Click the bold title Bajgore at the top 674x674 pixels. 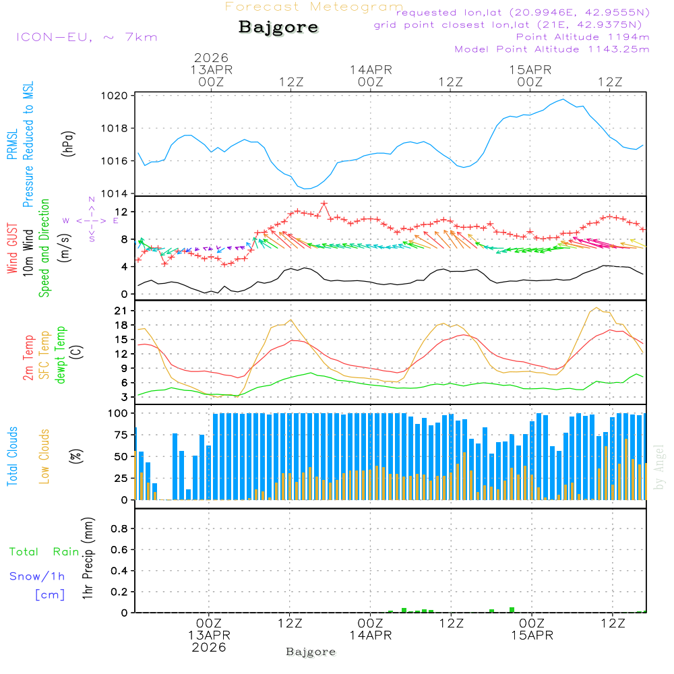pyautogui.click(x=278, y=28)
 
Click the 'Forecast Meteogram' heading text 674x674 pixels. pyautogui.click(x=314, y=7)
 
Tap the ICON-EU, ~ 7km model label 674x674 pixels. pyautogui.click(x=86, y=36)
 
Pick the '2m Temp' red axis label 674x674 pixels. pyautogui.click(x=28, y=357)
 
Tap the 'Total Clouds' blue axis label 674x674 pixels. pyautogui.click(x=12, y=456)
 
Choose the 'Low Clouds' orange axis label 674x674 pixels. pyautogui.click(x=44, y=456)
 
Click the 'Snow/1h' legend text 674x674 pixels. pyautogui.click(x=37, y=576)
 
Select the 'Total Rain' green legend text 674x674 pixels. pyautogui.click(x=44, y=551)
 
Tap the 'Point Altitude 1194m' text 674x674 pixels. pyautogui.click(x=582, y=36)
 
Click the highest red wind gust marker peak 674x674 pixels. pyautogui.click(x=324, y=203)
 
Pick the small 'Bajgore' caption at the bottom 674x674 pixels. pyautogui.click(x=311, y=652)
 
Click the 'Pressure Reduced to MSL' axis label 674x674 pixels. pyautogui.click(x=28, y=144)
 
